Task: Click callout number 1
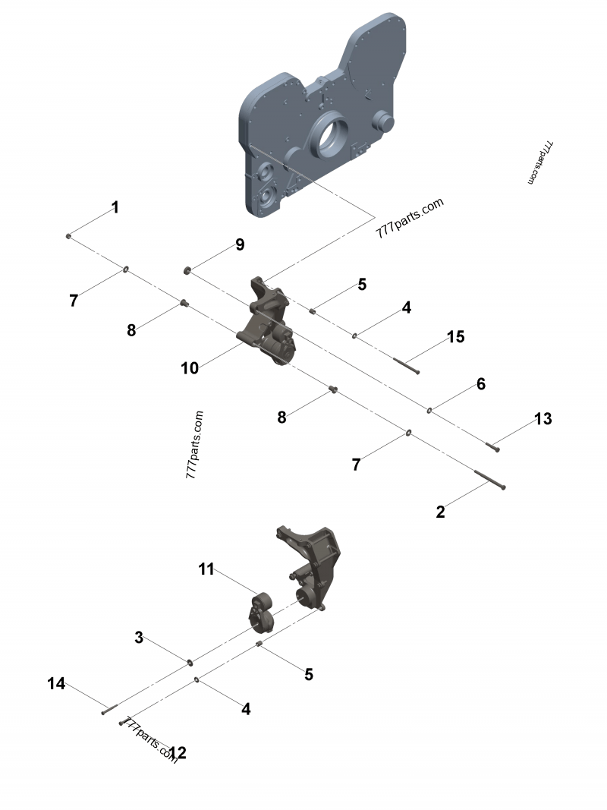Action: (x=115, y=206)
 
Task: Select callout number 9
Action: (x=240, y=244)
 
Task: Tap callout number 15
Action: (x=455, y=336)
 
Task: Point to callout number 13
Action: (x=543, y=418)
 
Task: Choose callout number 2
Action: (x=441, y=512)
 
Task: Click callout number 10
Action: (x=190, y=368)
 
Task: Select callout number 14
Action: (x=56, y=683)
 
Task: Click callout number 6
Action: (x=480, y=384)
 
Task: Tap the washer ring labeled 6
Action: (x=430, y=411)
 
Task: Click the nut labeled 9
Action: (x=187, y=269)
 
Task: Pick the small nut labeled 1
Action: (x=69, y=237)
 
